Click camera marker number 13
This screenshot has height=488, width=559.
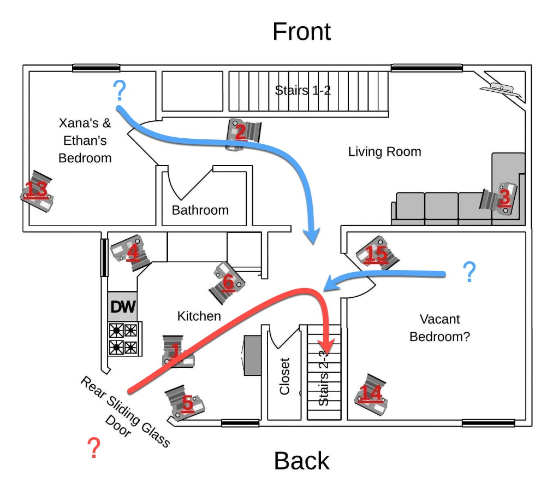37,190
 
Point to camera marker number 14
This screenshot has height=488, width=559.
371,392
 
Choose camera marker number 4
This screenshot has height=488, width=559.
132,252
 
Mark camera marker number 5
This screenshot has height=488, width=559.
187,403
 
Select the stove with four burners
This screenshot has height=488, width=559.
124,339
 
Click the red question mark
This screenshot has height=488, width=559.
94,448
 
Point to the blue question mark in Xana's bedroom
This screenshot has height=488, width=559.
119,91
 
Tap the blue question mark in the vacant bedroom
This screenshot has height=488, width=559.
469,272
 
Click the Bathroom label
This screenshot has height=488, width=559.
200,210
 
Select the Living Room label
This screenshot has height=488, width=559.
384,151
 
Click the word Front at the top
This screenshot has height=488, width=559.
301,32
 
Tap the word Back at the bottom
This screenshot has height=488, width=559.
301,461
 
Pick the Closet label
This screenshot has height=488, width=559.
284,376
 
